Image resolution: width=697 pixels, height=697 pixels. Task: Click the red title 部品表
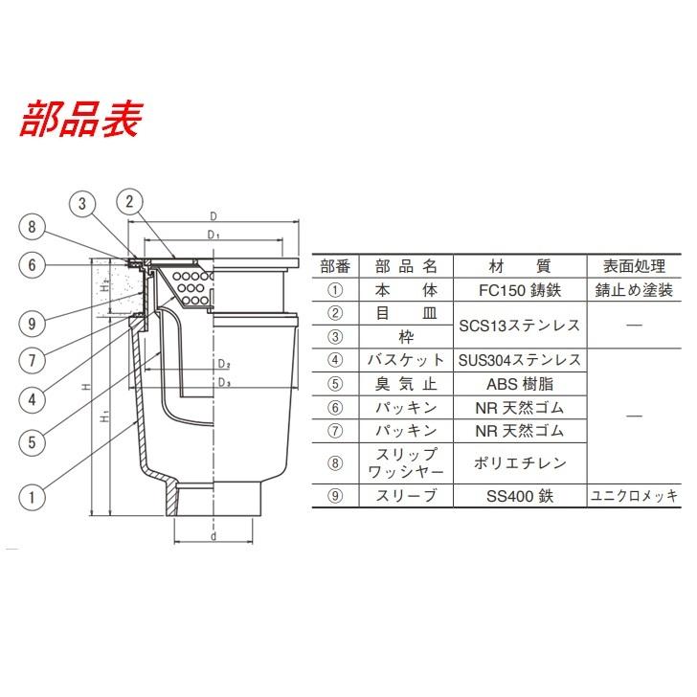(80, 119)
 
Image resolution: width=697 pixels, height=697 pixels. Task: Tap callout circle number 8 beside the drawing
(32, 227)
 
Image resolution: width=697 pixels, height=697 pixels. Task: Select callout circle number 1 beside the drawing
(32, 497)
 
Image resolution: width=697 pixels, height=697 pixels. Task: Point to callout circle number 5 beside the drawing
(32, 442)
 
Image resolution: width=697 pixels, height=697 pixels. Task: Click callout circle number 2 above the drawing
(129, 202)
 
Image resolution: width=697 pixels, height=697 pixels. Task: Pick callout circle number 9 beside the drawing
(32, 324)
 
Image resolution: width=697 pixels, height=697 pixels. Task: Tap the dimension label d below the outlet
(214, 536)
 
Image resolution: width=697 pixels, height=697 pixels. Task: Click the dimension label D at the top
(214, 216)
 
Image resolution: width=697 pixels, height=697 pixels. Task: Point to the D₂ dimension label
(224, 365)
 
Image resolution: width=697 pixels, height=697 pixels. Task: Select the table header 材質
(520, 267)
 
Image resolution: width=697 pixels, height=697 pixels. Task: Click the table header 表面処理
(634, 267)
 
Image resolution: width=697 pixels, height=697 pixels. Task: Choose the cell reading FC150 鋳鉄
(520, 290)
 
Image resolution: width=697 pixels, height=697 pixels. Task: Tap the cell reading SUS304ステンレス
(520, 360)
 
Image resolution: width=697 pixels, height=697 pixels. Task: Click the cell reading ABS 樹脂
(520, 384)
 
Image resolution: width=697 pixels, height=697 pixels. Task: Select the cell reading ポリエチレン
(520, 463)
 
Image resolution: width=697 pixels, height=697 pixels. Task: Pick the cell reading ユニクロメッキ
(634, 496)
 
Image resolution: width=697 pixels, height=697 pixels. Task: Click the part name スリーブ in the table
(406, 496)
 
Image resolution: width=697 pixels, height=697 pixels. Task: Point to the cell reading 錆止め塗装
(634, 290)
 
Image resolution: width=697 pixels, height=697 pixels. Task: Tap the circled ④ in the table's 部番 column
(335, 360)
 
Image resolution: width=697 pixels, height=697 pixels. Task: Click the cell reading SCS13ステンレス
(520, 326)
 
